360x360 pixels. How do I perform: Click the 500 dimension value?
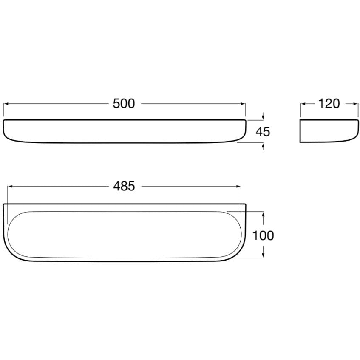click(x=124, y=104)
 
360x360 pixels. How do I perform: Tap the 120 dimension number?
click(x=329, y=104)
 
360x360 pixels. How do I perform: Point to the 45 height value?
click(x=263, y=132)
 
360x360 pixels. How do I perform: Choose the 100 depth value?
click(x=263, y=236)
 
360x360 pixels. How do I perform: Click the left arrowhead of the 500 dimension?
click(x=6, y=104)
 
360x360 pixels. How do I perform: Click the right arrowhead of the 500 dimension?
click(x=243, y=104)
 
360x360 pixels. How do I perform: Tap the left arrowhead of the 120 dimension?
click(x=303, y=104)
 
